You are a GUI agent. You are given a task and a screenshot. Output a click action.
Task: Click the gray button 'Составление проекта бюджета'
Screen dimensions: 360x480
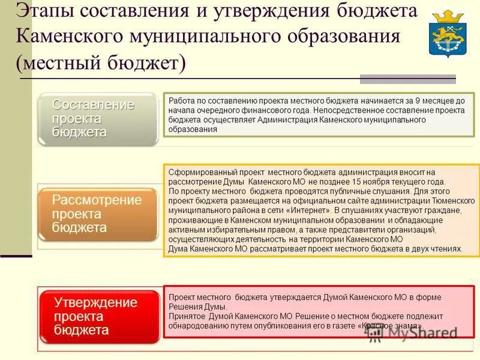(98, 119)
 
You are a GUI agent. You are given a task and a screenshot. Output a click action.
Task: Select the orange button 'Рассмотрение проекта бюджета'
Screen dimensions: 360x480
(98, 214)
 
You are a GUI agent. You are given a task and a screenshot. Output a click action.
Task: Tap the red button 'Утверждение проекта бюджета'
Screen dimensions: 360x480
(99, 316)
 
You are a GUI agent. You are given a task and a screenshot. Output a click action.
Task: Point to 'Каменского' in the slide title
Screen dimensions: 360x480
(71, 36)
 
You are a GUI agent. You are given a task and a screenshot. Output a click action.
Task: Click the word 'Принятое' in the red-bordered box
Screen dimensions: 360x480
(184, 316)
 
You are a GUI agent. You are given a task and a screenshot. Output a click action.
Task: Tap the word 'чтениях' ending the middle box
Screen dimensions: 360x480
(447, 249)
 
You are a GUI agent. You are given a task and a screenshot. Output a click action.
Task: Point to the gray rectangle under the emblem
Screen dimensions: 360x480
(407, 79)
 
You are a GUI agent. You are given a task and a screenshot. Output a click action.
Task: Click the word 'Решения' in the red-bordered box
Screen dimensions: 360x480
(182, 307)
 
